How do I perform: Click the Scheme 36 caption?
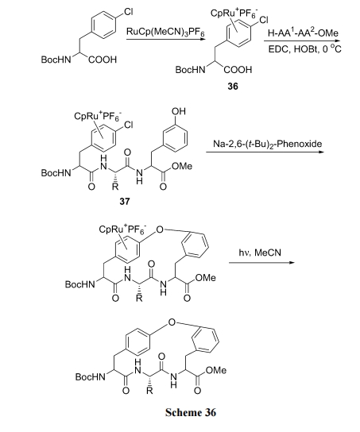(191, 412)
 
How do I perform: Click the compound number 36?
(233, 87)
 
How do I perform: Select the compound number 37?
(124, 202)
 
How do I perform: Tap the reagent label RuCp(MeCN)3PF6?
(165, 32)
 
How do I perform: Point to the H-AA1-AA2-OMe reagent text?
(303, 33)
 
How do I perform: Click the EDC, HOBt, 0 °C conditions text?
(305, 49)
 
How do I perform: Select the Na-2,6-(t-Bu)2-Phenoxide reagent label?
(267, 144)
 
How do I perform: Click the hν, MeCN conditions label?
(260, 253)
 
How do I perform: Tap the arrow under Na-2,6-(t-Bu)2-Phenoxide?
(265, 152)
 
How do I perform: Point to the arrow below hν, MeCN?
(262, 263)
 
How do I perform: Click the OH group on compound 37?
(179, 111)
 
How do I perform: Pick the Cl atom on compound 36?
(264, 20)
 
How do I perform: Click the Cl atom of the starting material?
(129, 11)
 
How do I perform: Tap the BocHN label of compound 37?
(56, 173)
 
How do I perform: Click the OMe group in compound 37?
(182, 167)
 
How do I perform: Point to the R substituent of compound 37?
(115, 187)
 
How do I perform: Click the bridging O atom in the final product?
(172, 322)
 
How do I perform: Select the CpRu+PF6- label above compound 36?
(234, 13)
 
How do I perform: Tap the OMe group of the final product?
(216, 370)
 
